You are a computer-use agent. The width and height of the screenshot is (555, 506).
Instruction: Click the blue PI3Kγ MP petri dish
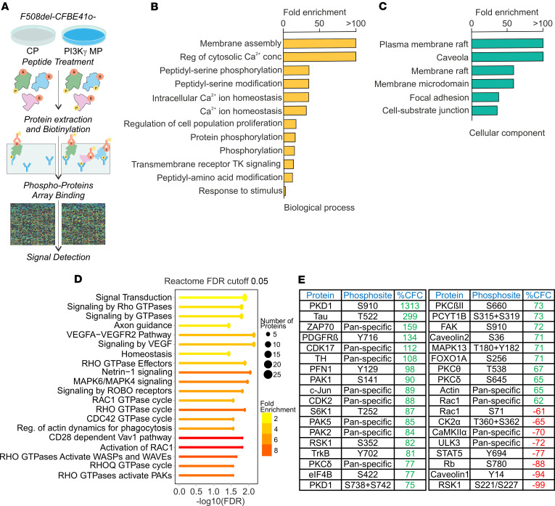(x=83, y=35)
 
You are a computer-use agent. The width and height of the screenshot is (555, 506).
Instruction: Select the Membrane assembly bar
(x=319, y=44)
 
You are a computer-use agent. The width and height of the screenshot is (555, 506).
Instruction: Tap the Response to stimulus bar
(x=284, y=191)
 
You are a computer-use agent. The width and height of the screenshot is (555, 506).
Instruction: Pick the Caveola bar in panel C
(x=507, y=57)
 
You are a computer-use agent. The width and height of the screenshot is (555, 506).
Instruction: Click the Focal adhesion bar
(x=485, y=97)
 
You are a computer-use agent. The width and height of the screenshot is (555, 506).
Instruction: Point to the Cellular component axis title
(x=507, y=133)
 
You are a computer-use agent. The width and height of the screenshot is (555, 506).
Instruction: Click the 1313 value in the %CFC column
(x=410, y=306)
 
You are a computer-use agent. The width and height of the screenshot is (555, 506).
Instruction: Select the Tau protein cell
(x=321, y=317)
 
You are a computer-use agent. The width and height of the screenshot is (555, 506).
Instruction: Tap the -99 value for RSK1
(x=538, y=484)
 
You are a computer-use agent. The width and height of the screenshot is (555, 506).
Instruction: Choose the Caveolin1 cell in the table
(x=449, y=474)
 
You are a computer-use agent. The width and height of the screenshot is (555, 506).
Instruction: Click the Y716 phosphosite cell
(x=367, y=337)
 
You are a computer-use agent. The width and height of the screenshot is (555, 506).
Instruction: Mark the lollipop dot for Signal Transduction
(x=244, y=298)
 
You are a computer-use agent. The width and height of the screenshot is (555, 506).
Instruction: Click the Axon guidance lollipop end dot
(x=229, y=325)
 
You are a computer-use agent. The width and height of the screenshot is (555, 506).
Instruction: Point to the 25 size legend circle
(x=268, y=375)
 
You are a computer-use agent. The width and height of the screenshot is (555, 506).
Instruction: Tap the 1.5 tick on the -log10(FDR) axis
(x=231, y=491)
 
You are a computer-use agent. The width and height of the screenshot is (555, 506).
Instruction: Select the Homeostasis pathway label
(x=147, y=354)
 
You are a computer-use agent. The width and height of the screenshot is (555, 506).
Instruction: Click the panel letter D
(x=78, y=279)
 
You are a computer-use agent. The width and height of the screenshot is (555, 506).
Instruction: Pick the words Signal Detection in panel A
(x=59, y=257)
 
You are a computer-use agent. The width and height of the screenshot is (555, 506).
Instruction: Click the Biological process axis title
(x=319, y=208)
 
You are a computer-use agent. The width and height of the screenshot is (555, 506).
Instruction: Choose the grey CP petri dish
(x=33, y=35)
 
